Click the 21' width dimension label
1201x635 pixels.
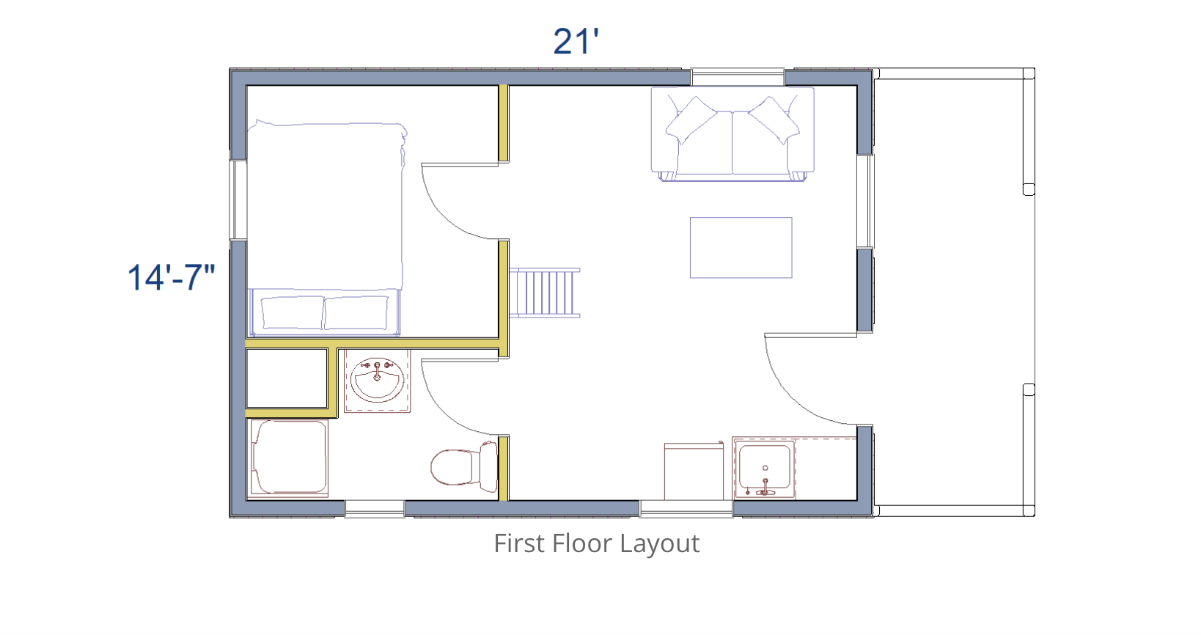point(576,42)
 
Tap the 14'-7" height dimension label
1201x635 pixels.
point(171,277)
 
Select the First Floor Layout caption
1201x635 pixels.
point(596,544)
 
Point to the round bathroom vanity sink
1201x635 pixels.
point(378,379)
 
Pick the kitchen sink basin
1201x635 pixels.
point(765,469)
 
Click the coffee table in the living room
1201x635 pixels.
point(741,248)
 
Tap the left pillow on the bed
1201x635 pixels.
point(293,312)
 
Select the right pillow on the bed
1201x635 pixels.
point(356,312)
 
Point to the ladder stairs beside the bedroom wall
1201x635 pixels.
point(545,293)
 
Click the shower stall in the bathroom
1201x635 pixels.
point(289,457)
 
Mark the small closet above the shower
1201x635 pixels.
point(287,378)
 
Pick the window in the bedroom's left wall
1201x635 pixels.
point(238,200)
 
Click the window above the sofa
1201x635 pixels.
point(738,77)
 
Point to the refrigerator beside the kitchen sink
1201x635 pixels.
point(694,471)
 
